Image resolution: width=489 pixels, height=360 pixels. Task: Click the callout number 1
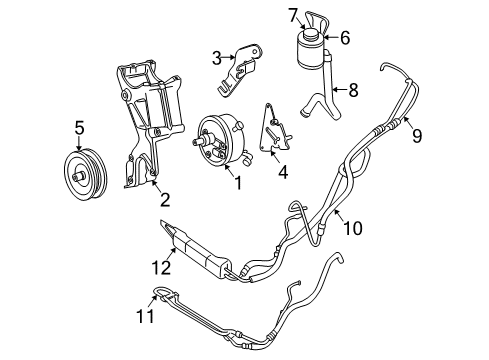pyautogui.click(x=237, y=183)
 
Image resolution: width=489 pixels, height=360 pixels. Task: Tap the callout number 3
pyautogui.click(x=216, y=57)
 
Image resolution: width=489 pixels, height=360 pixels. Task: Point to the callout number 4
pyautogui.click(x=283, y=172)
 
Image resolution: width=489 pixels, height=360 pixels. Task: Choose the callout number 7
pyautogui.click(x=293, y=15)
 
